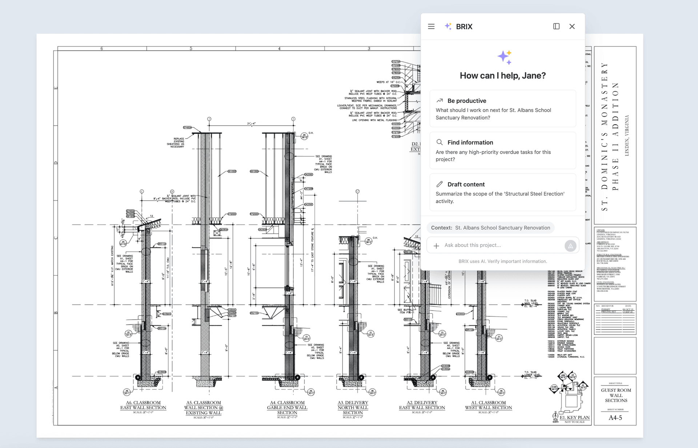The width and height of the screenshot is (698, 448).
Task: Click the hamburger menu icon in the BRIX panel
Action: coord(431,27)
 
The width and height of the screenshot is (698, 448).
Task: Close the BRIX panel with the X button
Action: coord(572,27)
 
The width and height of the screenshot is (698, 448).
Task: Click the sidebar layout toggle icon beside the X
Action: coord(556,27)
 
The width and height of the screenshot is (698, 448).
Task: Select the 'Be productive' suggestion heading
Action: coord(466,101)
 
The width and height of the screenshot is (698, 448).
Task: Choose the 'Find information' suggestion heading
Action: coord(470,142)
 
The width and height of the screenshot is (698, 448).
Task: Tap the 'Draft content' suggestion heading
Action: coord(466,184)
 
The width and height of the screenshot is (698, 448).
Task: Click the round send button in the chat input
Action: coord(570,246)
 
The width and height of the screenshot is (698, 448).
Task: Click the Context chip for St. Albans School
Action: coord(490,228)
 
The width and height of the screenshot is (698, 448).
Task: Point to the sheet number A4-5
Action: coord(615,418)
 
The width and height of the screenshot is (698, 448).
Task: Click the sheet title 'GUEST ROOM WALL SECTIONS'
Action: coord(616,395)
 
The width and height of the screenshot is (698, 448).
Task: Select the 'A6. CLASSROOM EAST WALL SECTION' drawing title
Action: coord(143,405)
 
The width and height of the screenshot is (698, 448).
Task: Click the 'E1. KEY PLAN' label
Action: coord(574,417)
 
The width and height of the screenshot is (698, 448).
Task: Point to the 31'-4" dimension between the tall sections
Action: coord(251,124)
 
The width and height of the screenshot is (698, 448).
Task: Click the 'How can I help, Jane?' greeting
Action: coord(502,76)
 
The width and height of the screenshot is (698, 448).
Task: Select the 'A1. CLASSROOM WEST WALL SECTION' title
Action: coord(488,405)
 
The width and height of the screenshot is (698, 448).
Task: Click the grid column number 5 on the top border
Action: coord(191,48)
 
